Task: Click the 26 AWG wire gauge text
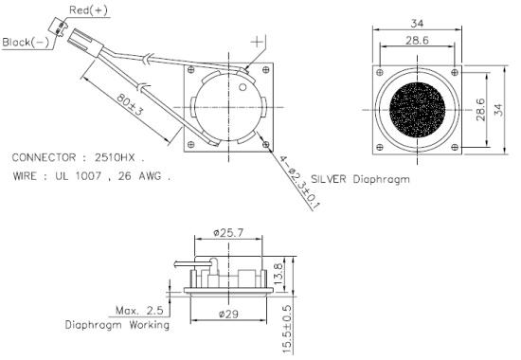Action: pos(144,176)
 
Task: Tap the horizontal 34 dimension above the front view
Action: pos(416,24)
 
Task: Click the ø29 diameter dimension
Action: pos(226,312)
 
